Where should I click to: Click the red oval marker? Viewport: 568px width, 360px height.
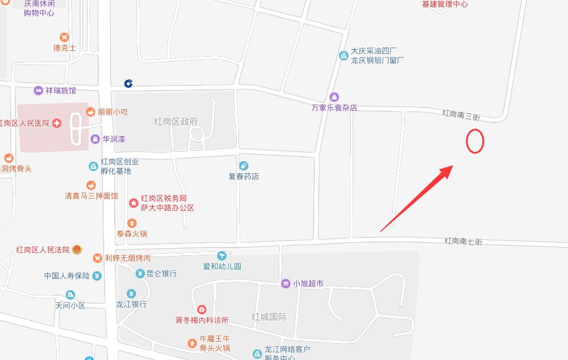pos(475,141)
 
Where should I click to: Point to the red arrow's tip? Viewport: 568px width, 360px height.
pos(453,166)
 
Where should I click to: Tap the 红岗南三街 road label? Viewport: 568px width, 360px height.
pos(461,114)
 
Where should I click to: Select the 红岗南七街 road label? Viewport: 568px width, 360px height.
pos(463,241)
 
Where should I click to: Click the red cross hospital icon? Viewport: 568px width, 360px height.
pos(57,123)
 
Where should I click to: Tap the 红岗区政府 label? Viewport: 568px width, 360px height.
pos(176,121)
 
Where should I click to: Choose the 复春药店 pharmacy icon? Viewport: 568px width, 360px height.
pos(244,166)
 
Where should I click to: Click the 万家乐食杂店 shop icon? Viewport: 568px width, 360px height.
pos(334,97)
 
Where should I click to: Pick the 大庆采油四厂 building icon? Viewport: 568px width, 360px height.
pos(343,56)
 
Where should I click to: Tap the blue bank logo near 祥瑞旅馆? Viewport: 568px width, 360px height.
pos(128,83)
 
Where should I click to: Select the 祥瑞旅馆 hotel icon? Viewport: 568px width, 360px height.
pos(38,91)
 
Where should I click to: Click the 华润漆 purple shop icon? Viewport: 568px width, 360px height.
pos(95,139)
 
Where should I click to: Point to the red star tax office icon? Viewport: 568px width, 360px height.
pos(133,203)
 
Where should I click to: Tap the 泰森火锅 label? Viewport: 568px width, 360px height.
pos(131,233)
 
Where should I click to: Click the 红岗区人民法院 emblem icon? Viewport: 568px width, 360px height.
pos(76,249)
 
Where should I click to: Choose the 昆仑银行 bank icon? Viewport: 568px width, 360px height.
pos(140,274)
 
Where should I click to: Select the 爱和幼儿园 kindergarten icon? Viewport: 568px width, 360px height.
pos(222,256)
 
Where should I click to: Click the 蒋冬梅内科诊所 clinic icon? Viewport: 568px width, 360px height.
pos(202,310)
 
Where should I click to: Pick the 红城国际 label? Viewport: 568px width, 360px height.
pos(269,317)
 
